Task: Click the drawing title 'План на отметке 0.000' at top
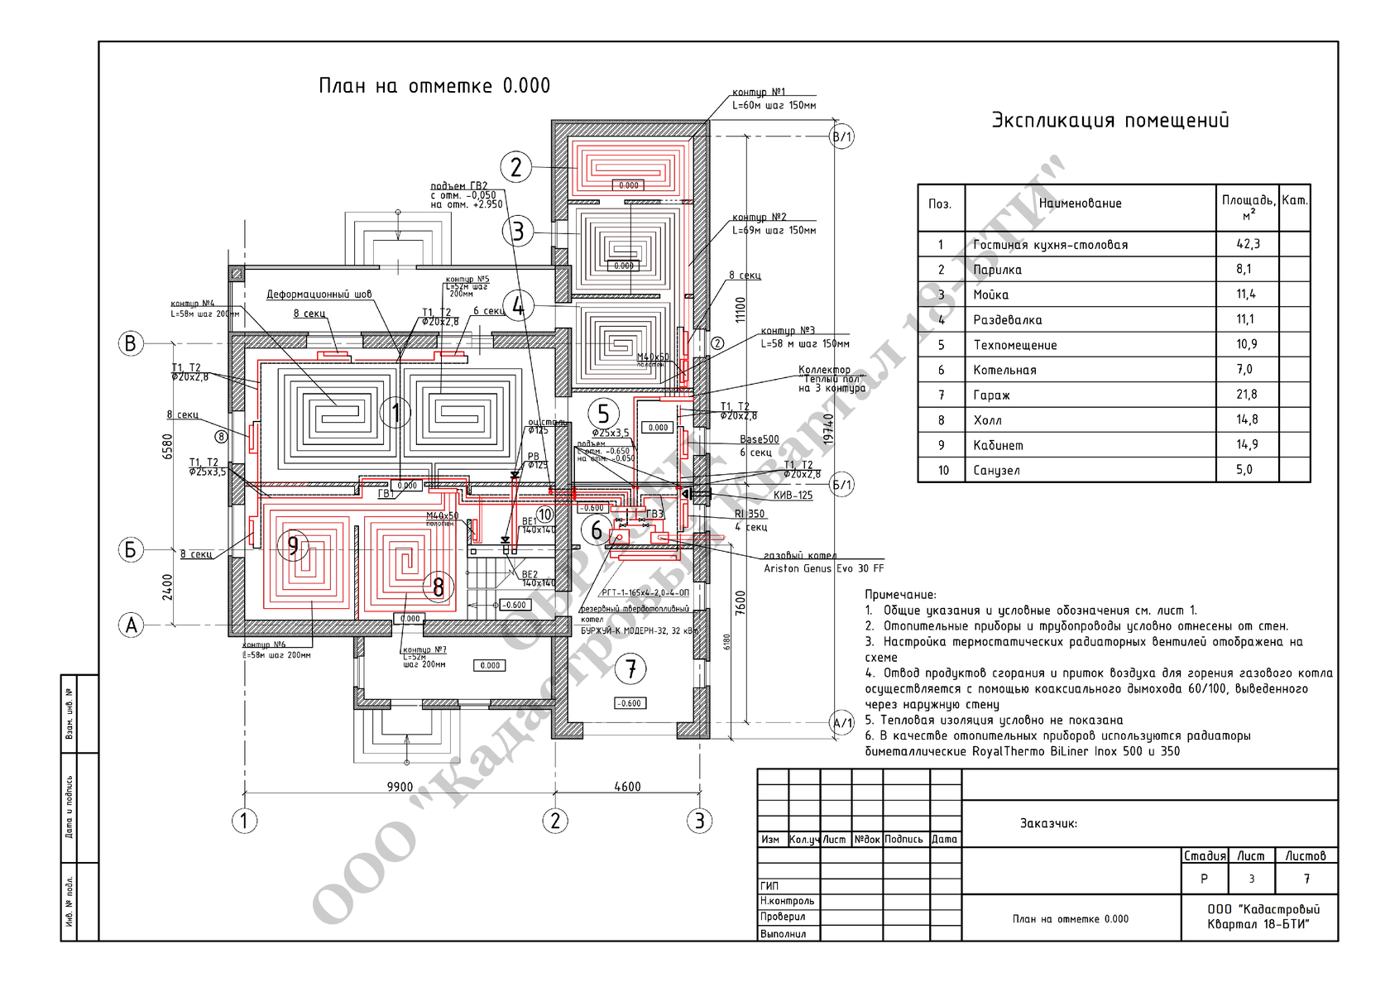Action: click(x=434, y=86)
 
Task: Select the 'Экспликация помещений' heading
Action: click(x=1110, y=121)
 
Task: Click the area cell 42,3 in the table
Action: click(x=1246, y=244)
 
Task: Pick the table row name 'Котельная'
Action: click(x=1004, y=370)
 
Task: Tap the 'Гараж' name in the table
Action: click(x=991, y=395)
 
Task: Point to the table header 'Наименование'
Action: click(x=1080, y=204)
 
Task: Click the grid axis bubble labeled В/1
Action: click(x=841, y=137)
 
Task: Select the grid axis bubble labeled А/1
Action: click(x=841, y=723)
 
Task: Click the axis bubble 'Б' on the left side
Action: click(x=131, y=549)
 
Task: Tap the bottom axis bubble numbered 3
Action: click(x=699, y=821)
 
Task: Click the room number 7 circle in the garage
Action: click(x=631, y=668)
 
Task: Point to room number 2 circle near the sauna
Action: click(x=516, y=167)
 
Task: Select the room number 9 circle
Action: click(x=293, y=545)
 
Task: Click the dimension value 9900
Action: click(x=400, y=787)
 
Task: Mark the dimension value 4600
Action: click(x=627, y=787)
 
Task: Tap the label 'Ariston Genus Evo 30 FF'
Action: click(x=823, y=569)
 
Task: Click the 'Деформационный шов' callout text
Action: click(x=319, y=295)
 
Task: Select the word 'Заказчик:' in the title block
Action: click(x=1048, y=824)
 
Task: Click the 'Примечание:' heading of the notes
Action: click(x=900, y=595)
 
